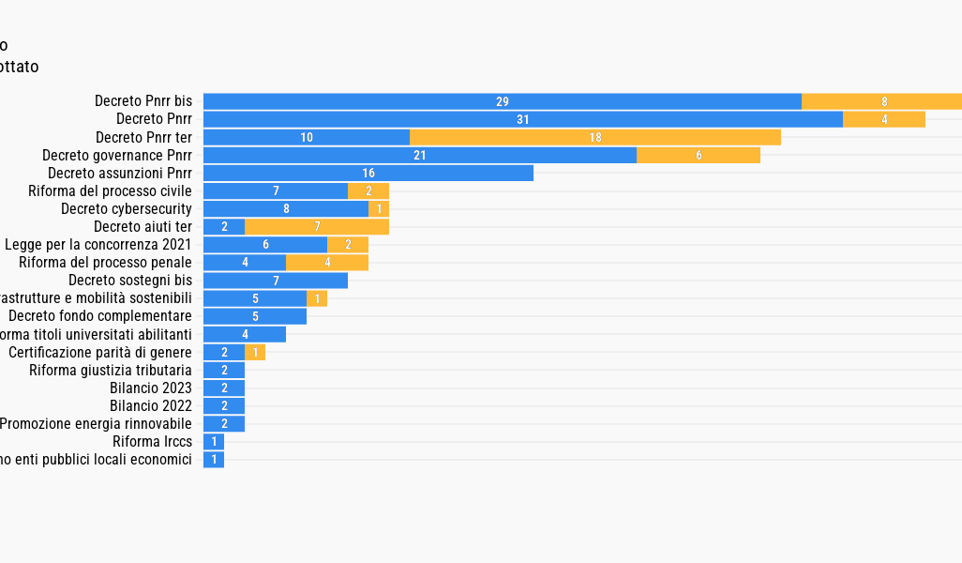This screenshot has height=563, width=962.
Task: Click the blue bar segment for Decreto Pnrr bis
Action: point(502,101)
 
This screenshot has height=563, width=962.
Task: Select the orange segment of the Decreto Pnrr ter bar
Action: point(594,137)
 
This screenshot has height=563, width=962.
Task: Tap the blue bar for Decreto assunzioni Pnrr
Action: point(368,173)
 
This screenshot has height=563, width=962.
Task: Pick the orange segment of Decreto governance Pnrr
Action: point(698,155)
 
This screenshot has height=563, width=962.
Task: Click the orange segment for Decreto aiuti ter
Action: point(316,226)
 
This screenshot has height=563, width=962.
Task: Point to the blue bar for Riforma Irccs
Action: point(214,441)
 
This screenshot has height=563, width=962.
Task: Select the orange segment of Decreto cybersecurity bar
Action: point(379,208)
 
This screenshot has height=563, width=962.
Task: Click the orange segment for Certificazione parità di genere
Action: point(255,352)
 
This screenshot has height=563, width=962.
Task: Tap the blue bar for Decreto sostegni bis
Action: point(275,280)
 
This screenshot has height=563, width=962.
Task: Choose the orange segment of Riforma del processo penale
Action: point(326,262)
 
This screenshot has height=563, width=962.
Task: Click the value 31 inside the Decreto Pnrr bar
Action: point(523,119)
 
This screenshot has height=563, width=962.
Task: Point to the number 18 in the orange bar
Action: point(595,137)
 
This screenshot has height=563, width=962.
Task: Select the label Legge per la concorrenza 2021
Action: point(98,244)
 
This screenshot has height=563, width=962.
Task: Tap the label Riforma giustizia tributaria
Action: point(110,370)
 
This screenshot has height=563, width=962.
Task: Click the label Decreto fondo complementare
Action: point(99,315)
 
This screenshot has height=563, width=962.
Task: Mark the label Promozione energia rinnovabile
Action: point(96,423)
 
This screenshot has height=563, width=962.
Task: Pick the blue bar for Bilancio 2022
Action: point(224,405)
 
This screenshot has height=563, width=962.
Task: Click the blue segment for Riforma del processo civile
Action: point(275,190)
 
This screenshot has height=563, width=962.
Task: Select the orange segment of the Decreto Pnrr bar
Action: point(883,119)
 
